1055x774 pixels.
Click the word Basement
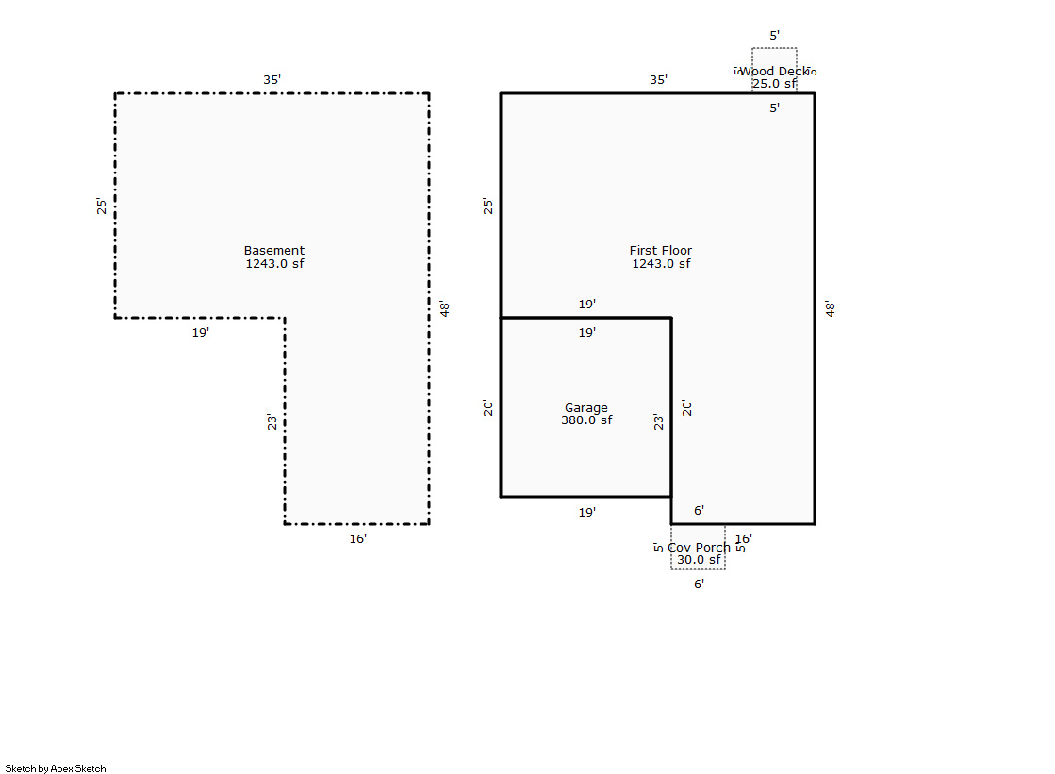274,251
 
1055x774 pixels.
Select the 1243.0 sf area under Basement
274,264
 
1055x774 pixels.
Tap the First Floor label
661,251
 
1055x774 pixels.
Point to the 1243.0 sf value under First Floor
661,264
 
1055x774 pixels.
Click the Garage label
586,408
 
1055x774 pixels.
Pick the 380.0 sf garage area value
586,420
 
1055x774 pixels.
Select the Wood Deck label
774,72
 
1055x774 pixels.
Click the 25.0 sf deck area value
774,84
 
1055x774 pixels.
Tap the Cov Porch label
699,548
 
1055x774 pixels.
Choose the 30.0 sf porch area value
699,560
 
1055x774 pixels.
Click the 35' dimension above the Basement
272,80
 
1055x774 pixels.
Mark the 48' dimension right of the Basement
444,308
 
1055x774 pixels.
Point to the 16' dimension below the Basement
358,539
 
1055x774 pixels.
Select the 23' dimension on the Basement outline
272,421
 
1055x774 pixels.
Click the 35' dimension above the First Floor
658,80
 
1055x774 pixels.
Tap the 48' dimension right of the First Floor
831,308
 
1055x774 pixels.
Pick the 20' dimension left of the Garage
488,408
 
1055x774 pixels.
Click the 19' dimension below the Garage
586,513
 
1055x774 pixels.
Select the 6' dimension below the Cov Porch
699,585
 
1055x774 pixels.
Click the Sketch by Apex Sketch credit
56,768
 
